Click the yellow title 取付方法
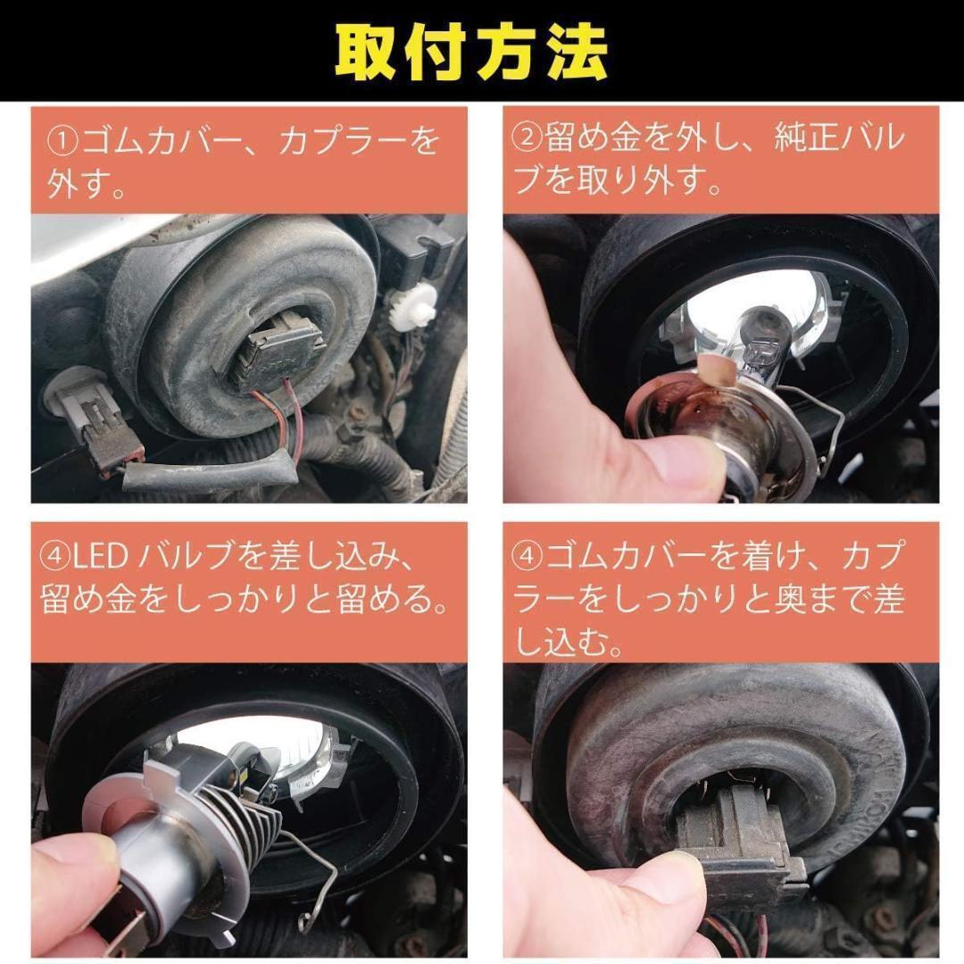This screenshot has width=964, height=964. (471, 53)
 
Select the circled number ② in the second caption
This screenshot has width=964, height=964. (528, 139)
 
